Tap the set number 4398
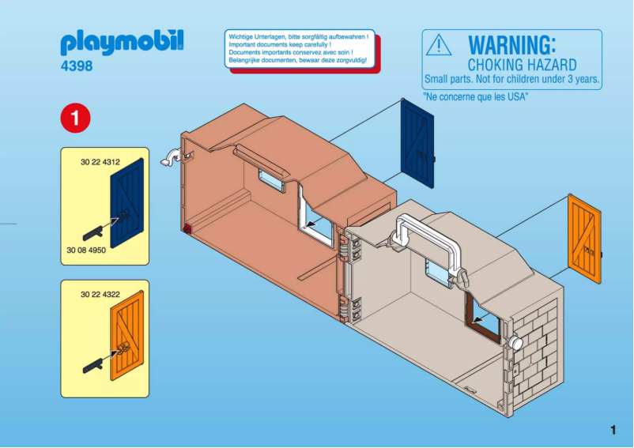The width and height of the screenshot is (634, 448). [x=77, y=66]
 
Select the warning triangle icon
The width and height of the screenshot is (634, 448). [x=439, y=46]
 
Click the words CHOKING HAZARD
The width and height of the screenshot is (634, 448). [x=522, y=64]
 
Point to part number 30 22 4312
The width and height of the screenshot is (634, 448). [x=100, y=162]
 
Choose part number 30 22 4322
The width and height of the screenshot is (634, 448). [x=100, y=294]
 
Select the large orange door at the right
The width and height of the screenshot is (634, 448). [x=585, y=239]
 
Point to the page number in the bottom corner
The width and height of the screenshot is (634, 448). [x=613, y=431]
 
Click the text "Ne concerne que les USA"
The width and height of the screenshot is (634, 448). [x=476, y=96]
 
